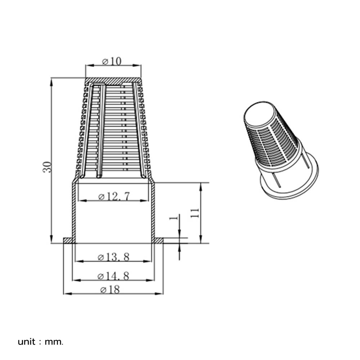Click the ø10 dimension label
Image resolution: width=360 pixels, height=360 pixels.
112,61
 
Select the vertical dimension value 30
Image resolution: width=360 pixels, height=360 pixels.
48,166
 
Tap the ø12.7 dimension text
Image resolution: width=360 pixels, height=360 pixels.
114,196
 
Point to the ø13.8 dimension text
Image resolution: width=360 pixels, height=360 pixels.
114,257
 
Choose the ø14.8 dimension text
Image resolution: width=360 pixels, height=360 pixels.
114,276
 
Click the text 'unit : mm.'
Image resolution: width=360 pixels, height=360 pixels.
41,342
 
